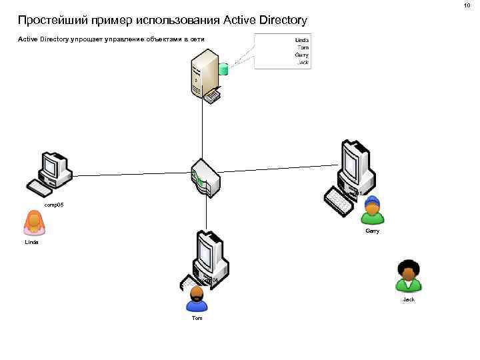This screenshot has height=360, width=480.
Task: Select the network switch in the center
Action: [x=205, y=178]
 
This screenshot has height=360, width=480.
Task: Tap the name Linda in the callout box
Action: [x=302, y=40]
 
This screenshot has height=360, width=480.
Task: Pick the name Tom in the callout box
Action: [x=303, y=47]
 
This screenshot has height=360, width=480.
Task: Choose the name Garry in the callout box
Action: [x=302, y=55]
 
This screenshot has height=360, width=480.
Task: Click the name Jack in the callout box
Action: [x=303, y=62]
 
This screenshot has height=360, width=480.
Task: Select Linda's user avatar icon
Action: [x=34, y=223]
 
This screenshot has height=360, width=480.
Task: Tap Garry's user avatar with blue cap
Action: [x=373, y=211]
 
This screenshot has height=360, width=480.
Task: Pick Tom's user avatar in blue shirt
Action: [x=197, y=299]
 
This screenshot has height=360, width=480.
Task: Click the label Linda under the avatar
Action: [x=31, y=243]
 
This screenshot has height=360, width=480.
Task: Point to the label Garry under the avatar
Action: [x=372, y=231]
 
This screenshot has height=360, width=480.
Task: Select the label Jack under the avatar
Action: [x=408, y=299]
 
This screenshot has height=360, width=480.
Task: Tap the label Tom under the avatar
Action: [x=197, y=319]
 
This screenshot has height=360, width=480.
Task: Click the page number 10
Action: [x=467, y=5]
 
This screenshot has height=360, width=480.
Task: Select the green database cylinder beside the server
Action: [x=224, y=68]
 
